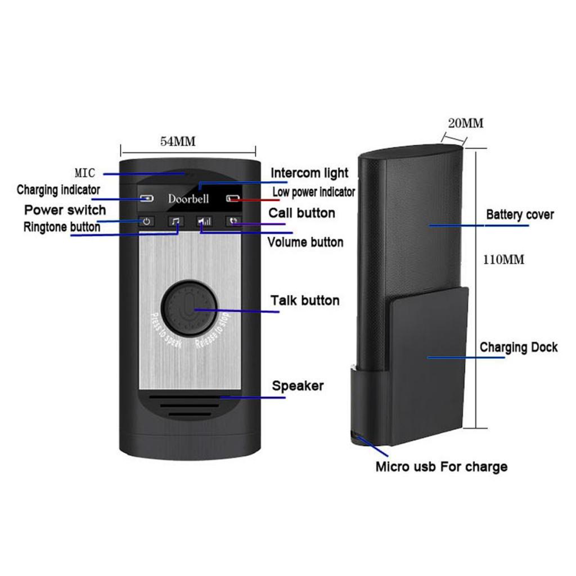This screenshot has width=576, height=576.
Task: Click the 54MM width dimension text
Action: [178, 142]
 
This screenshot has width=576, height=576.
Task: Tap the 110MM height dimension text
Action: [503, 260]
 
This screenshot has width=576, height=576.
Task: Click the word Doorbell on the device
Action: [188, 199]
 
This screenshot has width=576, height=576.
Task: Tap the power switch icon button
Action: [146, 222]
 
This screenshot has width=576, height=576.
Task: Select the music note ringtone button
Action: [175, 222]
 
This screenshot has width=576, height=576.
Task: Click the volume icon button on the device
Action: [204, 222]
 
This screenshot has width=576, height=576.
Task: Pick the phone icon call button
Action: [233, 222]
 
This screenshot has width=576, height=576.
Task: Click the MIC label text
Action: [85, 172]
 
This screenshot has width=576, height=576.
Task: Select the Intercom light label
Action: [309, 173]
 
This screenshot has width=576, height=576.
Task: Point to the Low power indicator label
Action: [314, 192]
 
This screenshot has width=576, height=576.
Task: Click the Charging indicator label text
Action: [58, 190]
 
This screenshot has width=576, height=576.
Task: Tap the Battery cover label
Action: [520, 214]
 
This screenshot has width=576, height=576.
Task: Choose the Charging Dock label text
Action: [519, 347]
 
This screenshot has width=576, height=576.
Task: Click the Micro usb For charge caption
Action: [441, 466]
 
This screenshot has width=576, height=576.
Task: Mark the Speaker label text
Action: [298, 386]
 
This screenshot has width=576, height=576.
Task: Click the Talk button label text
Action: [305, 300]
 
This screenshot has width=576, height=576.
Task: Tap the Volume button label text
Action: [305, 242]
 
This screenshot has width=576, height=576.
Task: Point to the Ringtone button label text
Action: [62, 227]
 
